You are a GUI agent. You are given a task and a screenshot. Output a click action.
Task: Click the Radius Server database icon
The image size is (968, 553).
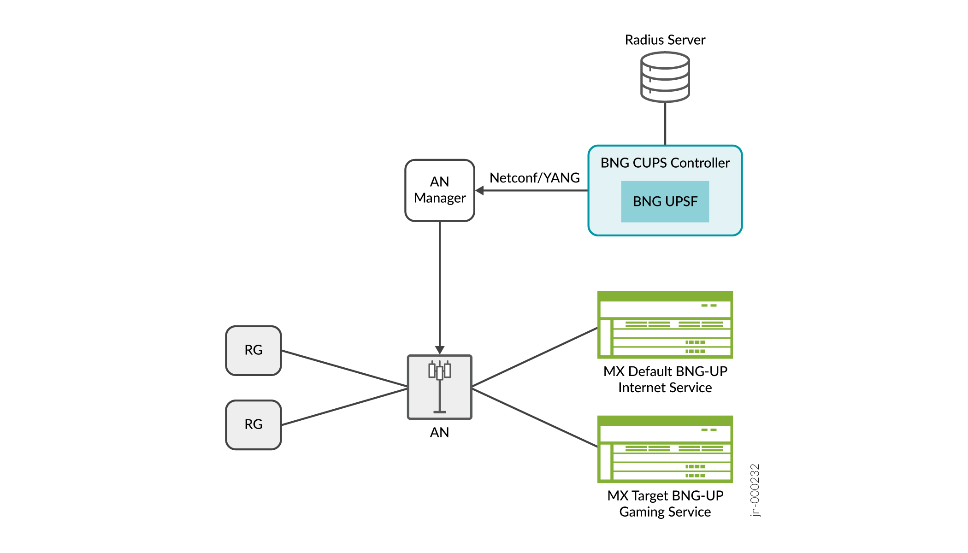(665, 77)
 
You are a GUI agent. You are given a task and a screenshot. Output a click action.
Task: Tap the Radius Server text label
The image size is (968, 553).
(665, 40)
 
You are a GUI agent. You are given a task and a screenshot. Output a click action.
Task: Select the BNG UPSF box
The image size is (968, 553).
(665, 201)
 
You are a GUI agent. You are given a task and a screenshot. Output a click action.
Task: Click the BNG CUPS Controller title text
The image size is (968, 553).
(665, 163)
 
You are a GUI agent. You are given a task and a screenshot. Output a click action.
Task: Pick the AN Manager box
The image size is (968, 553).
(440, 190)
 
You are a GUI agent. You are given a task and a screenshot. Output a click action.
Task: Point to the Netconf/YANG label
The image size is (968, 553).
(535, 178)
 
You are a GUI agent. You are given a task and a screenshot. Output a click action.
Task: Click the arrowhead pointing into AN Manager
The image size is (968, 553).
(480, 190)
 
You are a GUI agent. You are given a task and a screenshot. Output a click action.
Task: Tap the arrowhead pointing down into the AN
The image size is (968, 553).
(440, 350)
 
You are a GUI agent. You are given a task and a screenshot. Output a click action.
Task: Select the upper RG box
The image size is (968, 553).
(254, 350)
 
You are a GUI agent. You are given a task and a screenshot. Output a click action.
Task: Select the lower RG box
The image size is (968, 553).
(254, 424)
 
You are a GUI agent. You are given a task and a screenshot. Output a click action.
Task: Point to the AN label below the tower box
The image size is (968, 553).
(439, 432)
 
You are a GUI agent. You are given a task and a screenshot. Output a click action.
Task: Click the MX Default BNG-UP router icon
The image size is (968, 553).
(665, 325)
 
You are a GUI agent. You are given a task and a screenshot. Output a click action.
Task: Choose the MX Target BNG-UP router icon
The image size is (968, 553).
(665, 449)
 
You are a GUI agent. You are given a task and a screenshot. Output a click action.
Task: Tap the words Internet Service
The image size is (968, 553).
(665, 388)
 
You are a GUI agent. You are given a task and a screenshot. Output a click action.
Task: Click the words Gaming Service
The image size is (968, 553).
(665, 512)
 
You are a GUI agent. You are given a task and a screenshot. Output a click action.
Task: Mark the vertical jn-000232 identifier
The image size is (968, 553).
(755, 490)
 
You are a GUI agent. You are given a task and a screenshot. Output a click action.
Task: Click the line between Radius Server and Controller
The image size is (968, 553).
(665, 124)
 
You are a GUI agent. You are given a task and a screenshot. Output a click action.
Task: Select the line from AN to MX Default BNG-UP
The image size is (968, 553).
(535, 357)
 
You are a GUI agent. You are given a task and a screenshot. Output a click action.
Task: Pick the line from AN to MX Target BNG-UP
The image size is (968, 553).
(535, 418)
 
